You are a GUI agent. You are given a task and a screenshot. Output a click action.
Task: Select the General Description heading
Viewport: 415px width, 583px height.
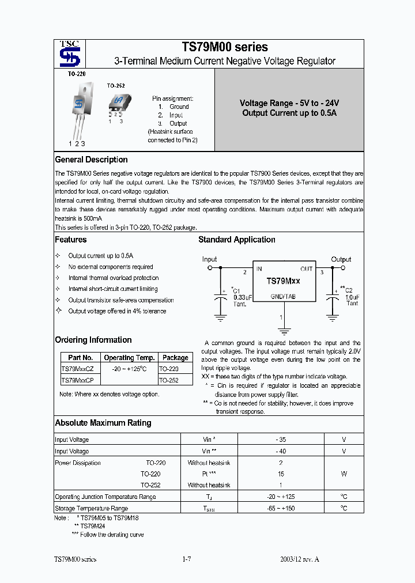(x=91, y=160)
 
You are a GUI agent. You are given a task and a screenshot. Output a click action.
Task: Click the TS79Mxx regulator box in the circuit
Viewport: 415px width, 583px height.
(x=282, y=282)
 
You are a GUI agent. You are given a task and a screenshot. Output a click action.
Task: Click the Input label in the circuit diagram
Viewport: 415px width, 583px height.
(x=209, y=259)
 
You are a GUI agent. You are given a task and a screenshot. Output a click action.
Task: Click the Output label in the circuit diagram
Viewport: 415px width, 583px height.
(x=341, y=259)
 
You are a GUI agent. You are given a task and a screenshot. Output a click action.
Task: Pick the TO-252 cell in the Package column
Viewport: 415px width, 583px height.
(x=168, y=380)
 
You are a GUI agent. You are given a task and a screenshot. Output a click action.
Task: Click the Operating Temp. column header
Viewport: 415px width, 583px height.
(x=129, y=358)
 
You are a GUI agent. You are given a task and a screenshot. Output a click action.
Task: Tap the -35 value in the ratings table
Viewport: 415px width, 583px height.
(x=281, y=440)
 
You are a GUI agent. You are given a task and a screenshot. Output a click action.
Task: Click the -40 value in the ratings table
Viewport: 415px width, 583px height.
(x=281, y=451)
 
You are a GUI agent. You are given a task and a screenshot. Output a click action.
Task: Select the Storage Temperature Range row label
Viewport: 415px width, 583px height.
(x=91, y=508)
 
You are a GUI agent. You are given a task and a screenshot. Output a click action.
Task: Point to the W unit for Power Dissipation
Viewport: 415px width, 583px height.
(x=344, y=474)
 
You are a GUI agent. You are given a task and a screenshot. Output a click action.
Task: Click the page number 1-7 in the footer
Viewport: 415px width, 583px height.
(x=186, y=559)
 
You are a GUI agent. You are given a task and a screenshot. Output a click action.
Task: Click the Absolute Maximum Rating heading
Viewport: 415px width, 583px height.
(x=103, y=423)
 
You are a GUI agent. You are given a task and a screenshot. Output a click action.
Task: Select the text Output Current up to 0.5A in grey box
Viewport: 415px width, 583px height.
(x=289, y=113)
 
